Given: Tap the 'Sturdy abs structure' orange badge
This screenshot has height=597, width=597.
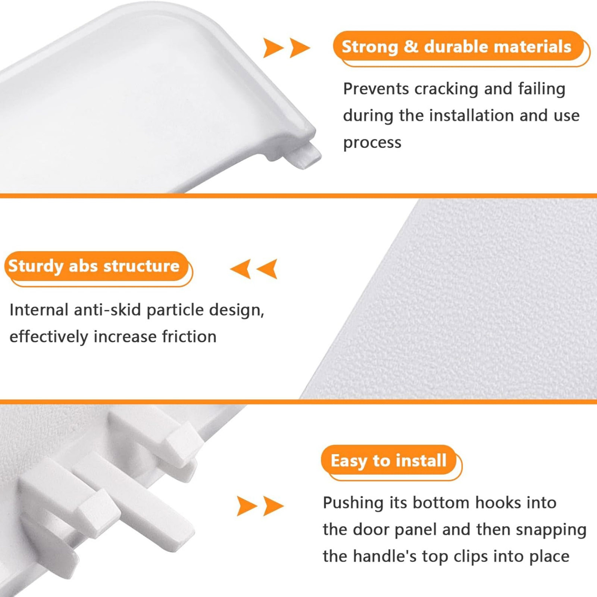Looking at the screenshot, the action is click(99, 268).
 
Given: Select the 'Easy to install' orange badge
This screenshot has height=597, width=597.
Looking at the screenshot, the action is click(391, 462).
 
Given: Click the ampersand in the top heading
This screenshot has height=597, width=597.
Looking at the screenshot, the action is click(411, 47).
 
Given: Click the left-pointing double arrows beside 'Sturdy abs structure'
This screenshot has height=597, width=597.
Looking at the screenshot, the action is click(254, 269).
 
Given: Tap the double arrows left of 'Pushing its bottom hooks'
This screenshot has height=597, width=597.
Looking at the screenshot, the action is click(260, 506).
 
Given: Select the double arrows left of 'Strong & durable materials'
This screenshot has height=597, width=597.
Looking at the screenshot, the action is click(286, 48).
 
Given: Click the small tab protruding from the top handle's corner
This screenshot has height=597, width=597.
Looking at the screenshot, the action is click(307, 157).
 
